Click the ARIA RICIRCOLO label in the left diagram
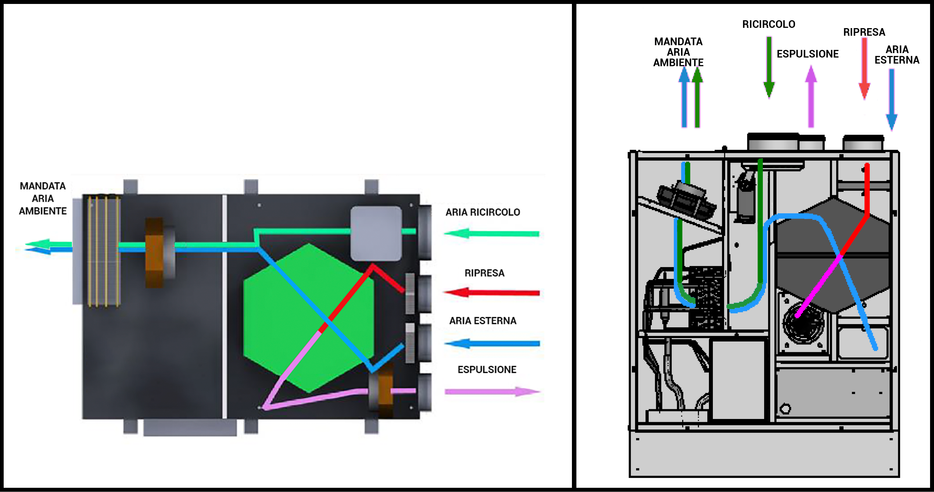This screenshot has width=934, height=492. point(483,212)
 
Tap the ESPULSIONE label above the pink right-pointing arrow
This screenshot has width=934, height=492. point(486,370)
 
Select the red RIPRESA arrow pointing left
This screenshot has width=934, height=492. point(491,292)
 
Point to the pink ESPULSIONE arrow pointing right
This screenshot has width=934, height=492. point(492,391)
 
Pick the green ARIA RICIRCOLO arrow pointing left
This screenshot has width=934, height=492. point(491,233)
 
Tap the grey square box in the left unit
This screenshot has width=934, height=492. point(376,233)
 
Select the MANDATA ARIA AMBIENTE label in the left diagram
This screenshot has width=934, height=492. point(43,199)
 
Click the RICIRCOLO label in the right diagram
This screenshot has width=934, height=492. point(769,24)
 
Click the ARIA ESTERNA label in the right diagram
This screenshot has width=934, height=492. point(897,55)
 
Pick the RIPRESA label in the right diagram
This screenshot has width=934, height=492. point(864,32)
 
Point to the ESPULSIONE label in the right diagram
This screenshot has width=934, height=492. point(808,54)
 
